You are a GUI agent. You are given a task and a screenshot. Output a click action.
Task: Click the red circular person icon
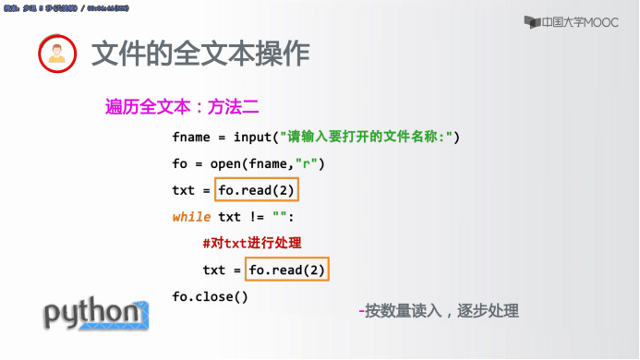point(56,54)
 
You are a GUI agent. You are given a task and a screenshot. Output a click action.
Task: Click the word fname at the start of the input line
point(191,137)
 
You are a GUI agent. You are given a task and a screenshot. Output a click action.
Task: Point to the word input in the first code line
point(253,137)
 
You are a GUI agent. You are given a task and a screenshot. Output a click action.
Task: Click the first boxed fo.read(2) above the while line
point(259,191)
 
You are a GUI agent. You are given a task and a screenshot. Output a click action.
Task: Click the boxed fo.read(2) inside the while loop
point(288,270)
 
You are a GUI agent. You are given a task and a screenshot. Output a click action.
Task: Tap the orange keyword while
point(191,218)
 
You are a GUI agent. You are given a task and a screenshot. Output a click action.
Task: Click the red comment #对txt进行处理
point(251,244)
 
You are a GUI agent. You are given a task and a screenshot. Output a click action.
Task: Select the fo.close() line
point(211,296)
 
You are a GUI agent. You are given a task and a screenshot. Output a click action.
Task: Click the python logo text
point(92,314)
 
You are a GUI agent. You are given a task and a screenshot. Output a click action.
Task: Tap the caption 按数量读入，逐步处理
point(441,311)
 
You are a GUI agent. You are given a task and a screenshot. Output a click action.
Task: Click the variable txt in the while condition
point(229,218)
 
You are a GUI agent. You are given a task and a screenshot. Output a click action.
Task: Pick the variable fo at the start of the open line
point(180,164)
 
